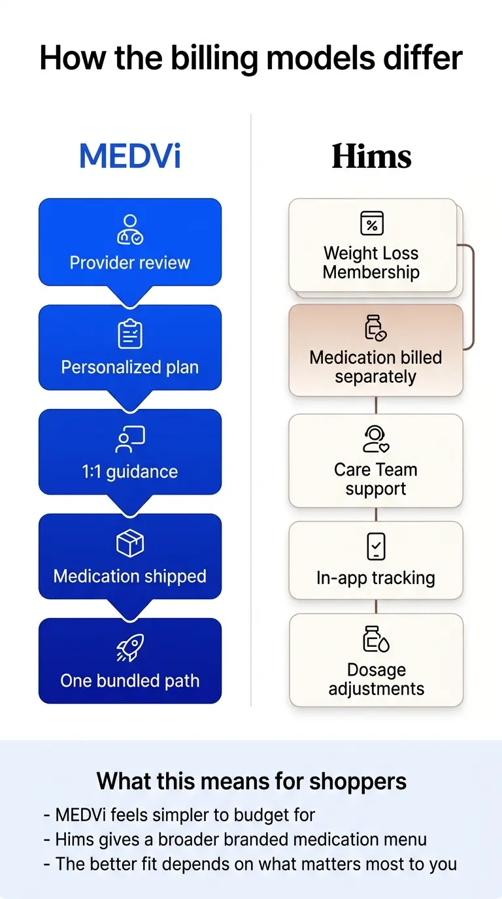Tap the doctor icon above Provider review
[130, 230]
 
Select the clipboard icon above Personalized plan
[130, 335]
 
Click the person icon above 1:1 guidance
[130, 440]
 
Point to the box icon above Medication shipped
[130, 544]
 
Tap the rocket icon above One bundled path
[130, 648]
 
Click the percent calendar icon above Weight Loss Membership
[372, 223]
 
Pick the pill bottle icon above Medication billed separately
[375, 328]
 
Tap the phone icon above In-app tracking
[376, 546]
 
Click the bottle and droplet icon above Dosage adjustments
[376, 640]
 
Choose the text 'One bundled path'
[130, 681]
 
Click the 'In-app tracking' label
[376, 578]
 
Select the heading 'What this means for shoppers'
[251, 781]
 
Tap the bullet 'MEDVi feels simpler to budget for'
[180, 815]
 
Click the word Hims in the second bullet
[74, 840]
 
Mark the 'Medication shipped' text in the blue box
[130, 576]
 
